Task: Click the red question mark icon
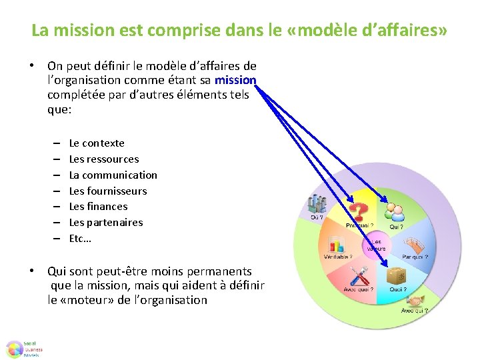click(x=359, y=212)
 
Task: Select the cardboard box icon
click(x=397, y=275)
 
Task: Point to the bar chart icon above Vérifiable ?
click(x=335, y=243)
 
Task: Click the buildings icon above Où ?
click(x=316, y=203)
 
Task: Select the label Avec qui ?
click(x=414, y=311)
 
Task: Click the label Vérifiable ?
click(x=338, y=257)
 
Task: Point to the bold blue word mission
click(x=235, y=80)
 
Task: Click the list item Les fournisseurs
click(x=107, y=191)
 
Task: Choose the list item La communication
click(x=113, y=175)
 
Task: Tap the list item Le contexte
click(x=97, y=143)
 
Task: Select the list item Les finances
click(x=98, y=207)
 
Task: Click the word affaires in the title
click(x=406, y=31)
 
